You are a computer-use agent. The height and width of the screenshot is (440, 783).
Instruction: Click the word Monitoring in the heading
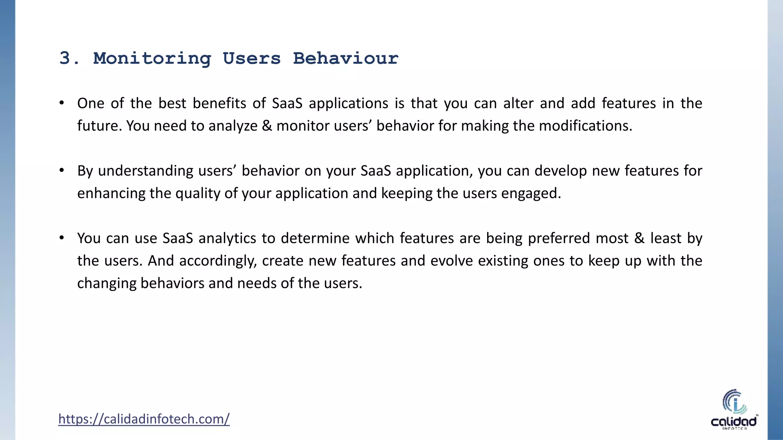[152, 58]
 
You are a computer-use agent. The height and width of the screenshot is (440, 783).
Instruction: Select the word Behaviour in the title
[346, 58]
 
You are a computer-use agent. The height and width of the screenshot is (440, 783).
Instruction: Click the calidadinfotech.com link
[144, 419]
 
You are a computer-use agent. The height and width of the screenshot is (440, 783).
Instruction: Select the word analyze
[233, 126]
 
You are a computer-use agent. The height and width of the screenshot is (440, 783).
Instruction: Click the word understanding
[146, 171]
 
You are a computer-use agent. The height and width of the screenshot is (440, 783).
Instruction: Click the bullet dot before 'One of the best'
[62, 103]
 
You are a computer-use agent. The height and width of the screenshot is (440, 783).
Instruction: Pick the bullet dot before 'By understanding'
[62, 170]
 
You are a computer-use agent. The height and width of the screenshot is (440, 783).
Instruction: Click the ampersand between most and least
[639, 238]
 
